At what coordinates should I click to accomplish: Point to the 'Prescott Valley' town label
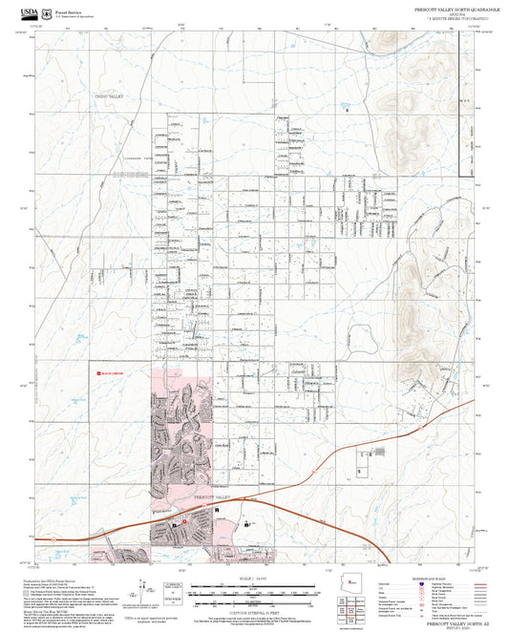[x=214, y=497]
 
